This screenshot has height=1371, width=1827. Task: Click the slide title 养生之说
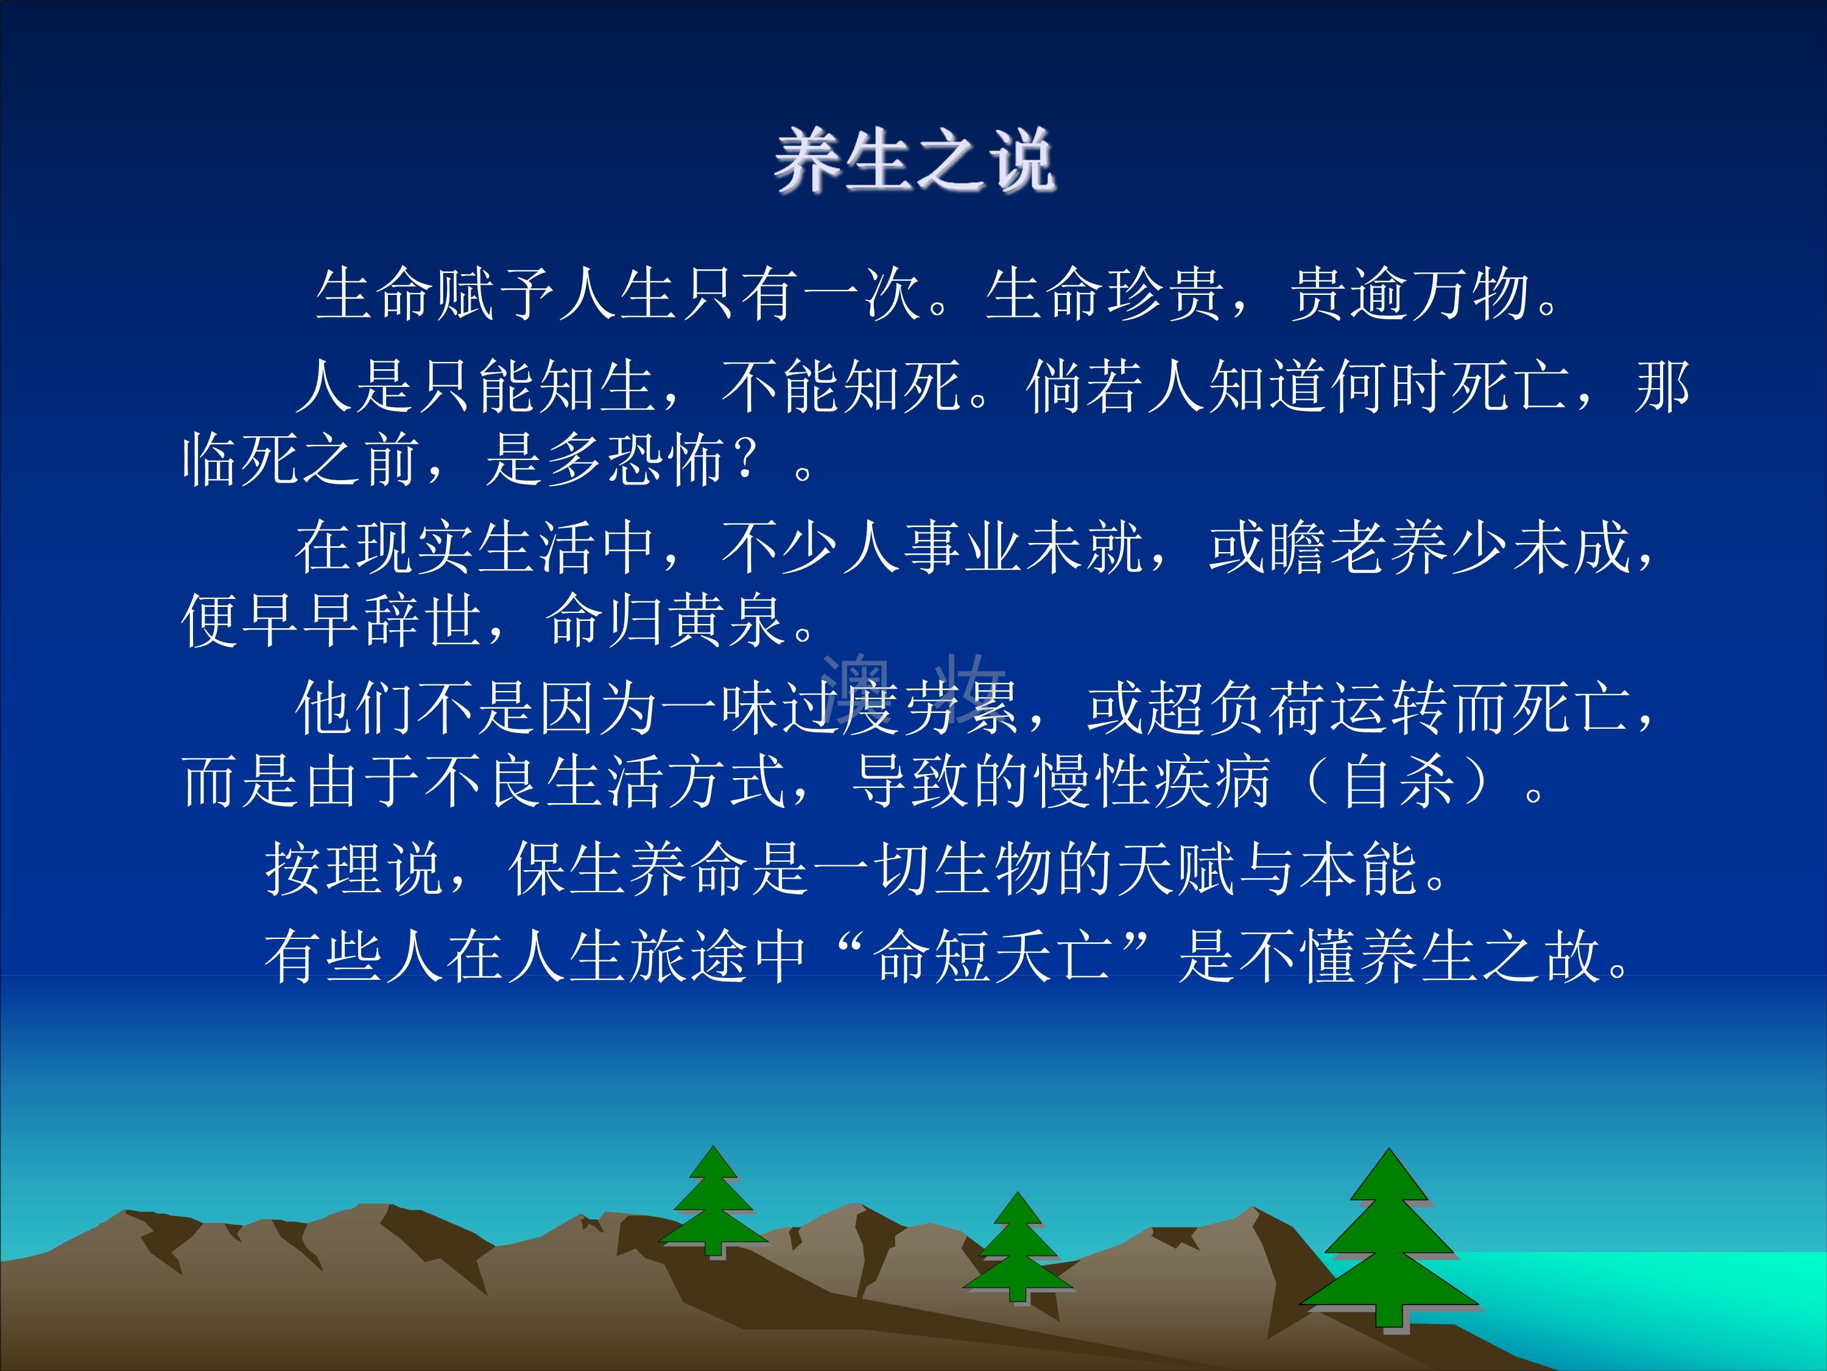pos(914,161)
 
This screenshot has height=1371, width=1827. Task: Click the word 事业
pos(964,547)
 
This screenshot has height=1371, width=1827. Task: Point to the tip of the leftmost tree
pos(713,1146)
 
